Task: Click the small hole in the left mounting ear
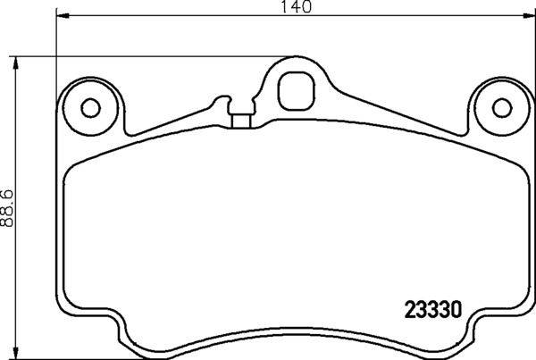pos(89,107)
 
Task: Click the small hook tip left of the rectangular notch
pos(220,100)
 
